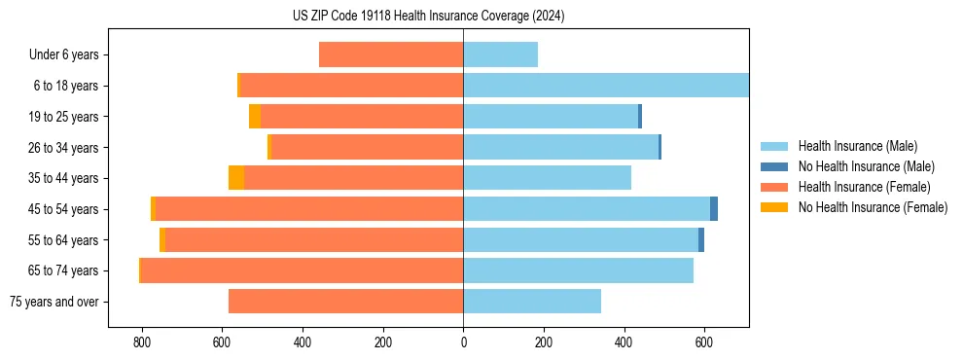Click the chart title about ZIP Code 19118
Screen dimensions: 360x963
[x=428, y=16]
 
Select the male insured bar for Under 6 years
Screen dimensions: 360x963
[x=500, y=54]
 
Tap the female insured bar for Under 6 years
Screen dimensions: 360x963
[x=391, y=54]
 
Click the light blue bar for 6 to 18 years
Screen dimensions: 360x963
[x=605, y=86]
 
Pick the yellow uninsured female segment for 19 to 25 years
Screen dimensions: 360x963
[x=255, y=117]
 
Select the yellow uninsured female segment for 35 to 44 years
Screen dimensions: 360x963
[x=236, y=178]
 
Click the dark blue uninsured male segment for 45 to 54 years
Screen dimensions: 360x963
[x=714, y=209]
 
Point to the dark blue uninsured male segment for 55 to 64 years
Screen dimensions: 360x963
[x=701, y=240]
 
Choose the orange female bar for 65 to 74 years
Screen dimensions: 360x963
[x=302, y=270]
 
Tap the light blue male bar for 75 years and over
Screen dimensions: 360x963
[x=532, y=302]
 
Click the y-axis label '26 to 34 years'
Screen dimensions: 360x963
[x=64, y=148]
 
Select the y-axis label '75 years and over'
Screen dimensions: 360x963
[x=54, y=302]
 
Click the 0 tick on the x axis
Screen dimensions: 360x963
[x=463, y=342]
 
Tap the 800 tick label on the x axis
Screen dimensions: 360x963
[x=142, y=342]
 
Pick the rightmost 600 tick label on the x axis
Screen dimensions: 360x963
[x=704, y=342]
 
